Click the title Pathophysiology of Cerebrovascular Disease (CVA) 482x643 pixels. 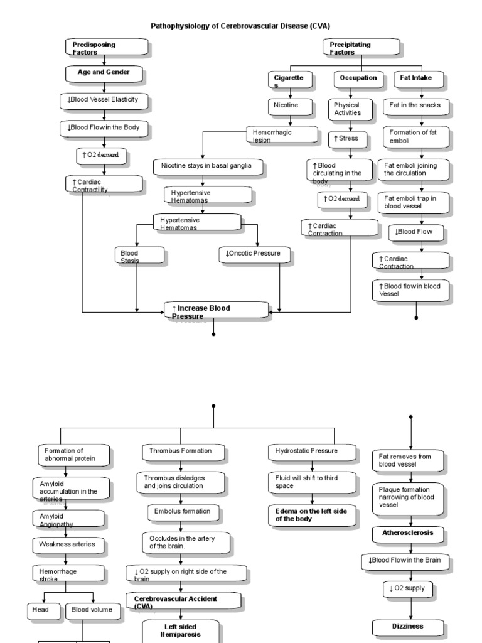(240, 26)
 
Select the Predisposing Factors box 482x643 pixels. (107, 48)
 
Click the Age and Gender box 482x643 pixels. (104, 73)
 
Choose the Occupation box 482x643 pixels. (358, 79)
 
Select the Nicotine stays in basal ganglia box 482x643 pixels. (208, 167)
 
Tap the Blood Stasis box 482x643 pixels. (141, 256)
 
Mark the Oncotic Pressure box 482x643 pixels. (257, 255)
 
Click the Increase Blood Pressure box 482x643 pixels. (216, 310)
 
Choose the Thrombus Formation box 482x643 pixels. (181, 451)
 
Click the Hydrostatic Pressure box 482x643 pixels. (311, 451)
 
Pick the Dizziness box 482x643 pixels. (409, 627)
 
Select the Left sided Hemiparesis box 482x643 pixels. (181, 630)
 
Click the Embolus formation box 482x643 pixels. (182, 512)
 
